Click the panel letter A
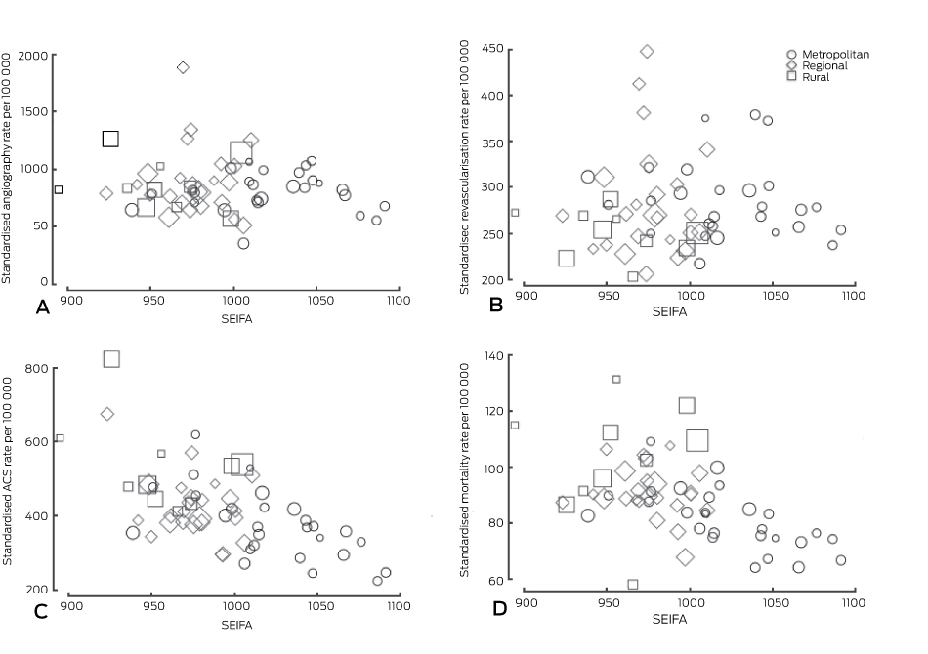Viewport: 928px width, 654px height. pyautogui.click(x=42, y=307)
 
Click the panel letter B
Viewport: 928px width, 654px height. pyautogui.click(x=495, y=305)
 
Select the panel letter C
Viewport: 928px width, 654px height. pyautogui.click(x=41, y=612)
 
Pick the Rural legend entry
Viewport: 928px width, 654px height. pyautogui.click(x=816, y=77)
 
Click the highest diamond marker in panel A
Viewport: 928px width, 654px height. pyautogui.click(x=183, y=67)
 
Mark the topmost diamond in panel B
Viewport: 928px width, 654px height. pyautogui.click(x=647, y=51)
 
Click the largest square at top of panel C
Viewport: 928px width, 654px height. pyautogui.click(x=111, y=358)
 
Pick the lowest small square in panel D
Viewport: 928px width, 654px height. pyautogui.click(x=633, y=584)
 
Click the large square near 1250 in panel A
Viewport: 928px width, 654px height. pyautogui.click(x=110, y=139)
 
